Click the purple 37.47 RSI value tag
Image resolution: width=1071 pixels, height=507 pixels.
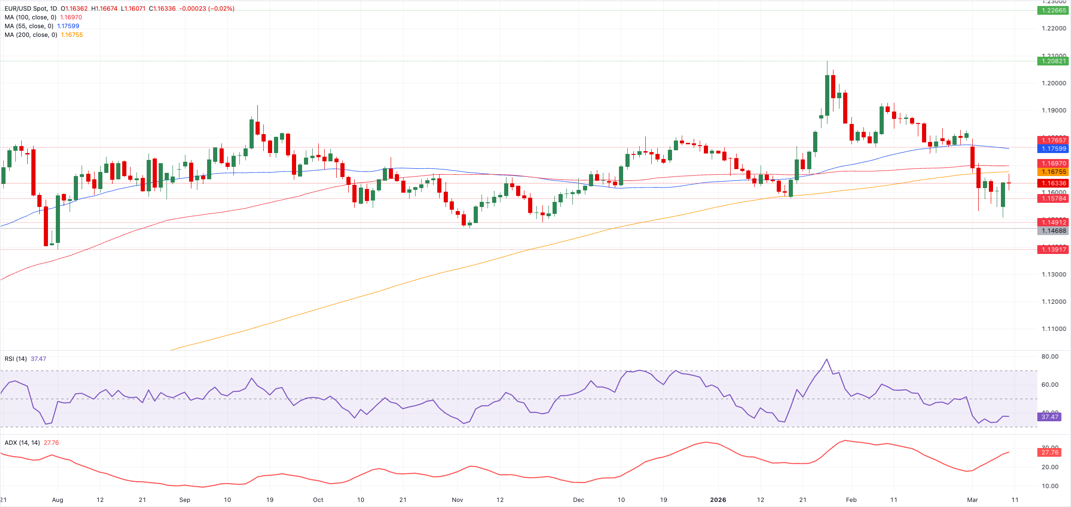coord(1049,417)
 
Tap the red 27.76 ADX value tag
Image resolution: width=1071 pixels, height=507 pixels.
coord(1049,452)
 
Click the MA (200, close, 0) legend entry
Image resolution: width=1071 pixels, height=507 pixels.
coord(31,35)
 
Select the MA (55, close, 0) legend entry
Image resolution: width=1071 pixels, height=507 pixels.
coord(29,26)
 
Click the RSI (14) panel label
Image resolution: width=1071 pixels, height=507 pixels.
coord(16,359)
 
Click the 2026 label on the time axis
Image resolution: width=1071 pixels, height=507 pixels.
coord(718,500)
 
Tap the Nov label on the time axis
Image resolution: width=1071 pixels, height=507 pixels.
coord(457,500)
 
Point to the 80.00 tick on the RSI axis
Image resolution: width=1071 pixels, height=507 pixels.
coord(1050,356)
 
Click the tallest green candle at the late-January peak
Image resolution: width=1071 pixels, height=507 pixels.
coord(827,94)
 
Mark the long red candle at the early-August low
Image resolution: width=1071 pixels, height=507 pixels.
coord(46,226)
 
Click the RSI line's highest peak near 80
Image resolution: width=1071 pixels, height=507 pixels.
coord(827,360)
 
